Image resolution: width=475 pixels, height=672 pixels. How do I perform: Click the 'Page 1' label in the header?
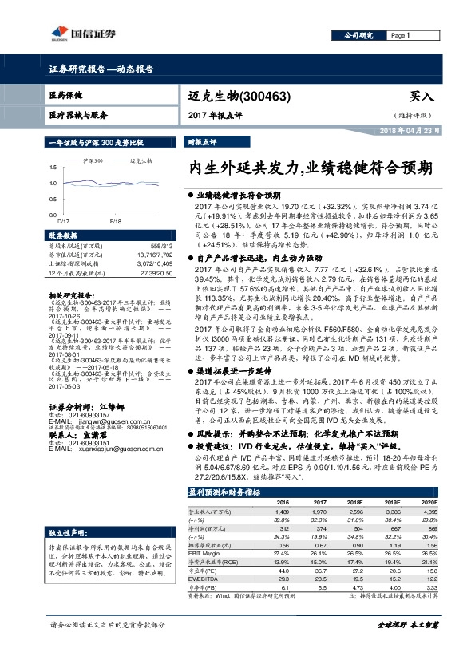[399, 37]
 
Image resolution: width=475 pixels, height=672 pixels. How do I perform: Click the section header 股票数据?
[63, 236]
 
